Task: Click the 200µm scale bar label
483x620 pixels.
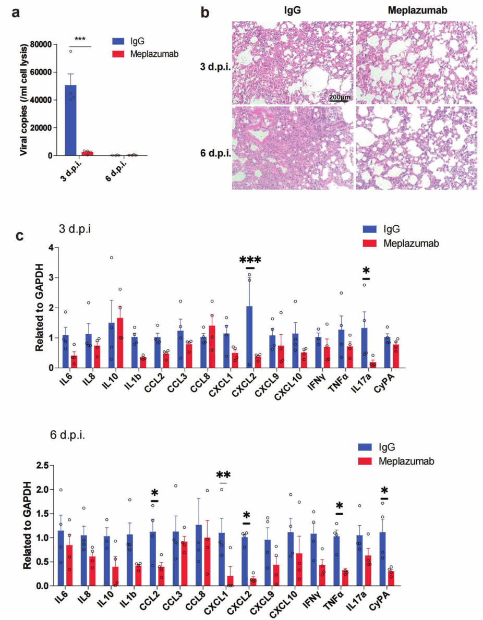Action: (339, 98)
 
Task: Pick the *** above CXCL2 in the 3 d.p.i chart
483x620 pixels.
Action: (250, 260)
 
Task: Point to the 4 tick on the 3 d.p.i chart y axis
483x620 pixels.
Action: (51, 247)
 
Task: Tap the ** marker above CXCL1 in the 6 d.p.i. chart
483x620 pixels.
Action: (224, 475)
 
